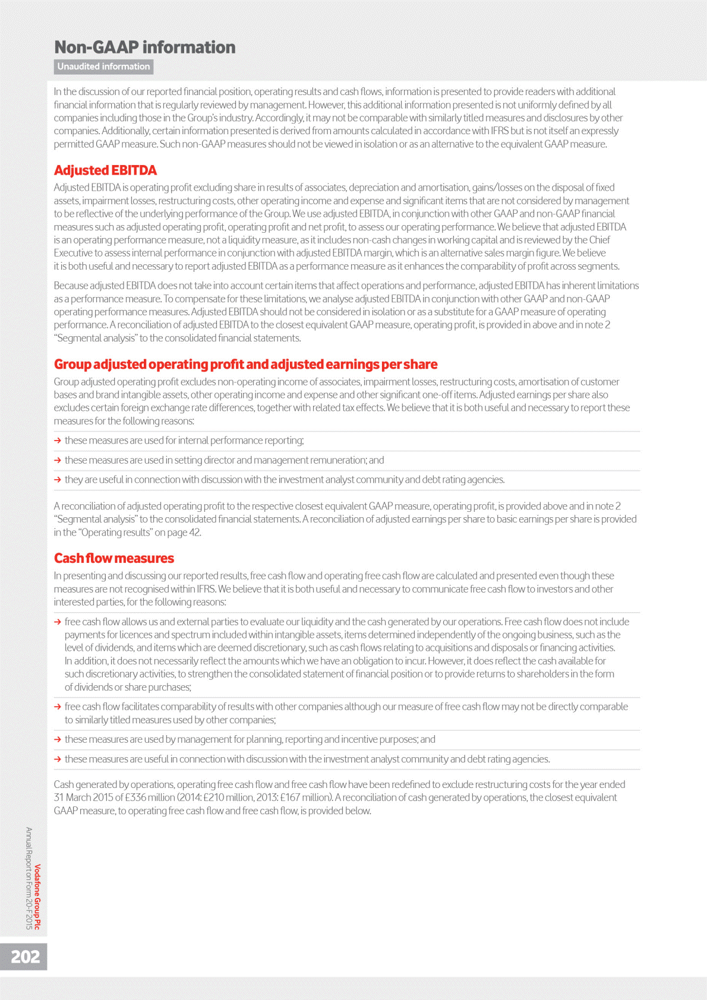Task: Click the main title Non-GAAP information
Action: click(x=144, y=48)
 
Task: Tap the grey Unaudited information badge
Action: click(x=103, y=67)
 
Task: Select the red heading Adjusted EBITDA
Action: click(x=105, y=170)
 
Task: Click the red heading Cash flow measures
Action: click(x=113, y=558)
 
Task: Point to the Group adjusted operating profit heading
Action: click(x=245, y=364)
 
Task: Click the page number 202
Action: click(x=25, y=957)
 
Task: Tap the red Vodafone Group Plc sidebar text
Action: click(x=38, y=897)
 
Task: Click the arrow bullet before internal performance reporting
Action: click(x=58, y=441)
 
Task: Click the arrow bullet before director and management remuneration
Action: click(x=58, y=460)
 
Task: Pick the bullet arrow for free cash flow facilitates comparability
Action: click(x=58, y=707)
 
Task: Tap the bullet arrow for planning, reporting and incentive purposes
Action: click(x=58, y=739)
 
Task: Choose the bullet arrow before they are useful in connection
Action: click(x=58, y=480)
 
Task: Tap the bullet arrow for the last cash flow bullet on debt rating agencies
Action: click(x=58, y=759)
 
